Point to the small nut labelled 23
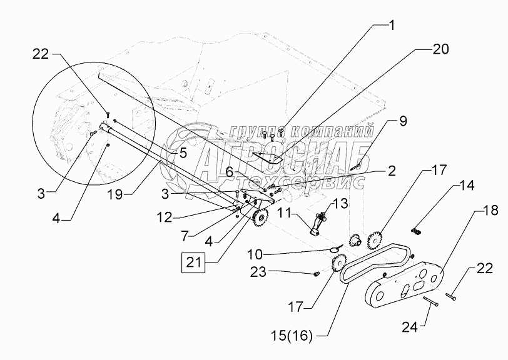click(317, 273)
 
